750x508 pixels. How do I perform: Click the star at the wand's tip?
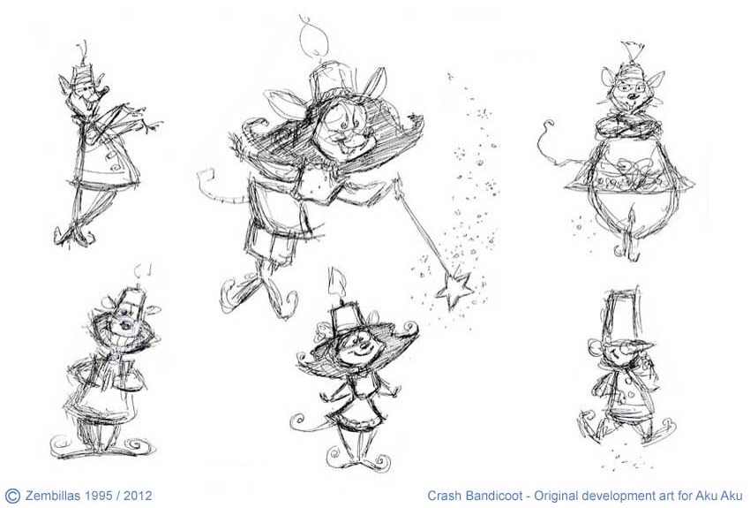coord(454,289)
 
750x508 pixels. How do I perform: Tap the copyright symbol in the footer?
coord(12,495)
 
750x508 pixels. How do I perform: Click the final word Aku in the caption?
coord(733,495)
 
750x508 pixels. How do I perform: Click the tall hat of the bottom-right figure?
coord(622,315)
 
